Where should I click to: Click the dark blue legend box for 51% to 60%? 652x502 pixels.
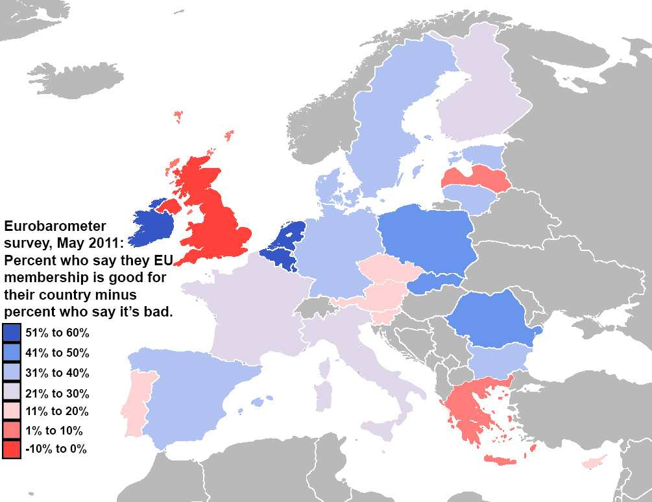click(x=12, y=333)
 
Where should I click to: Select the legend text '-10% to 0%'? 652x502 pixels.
click(x=56, y=449)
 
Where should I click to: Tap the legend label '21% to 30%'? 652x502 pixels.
click(x=57, y=393)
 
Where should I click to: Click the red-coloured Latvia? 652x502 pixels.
click(x=476, y=177)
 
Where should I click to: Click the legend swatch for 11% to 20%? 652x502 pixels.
click(x=12, y=411)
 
